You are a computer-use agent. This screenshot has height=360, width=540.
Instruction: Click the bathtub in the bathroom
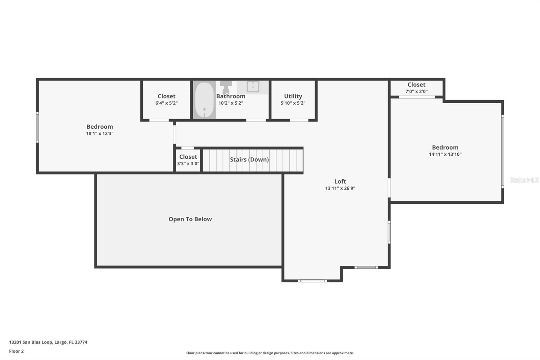pyautogui.click(x=204, y=100)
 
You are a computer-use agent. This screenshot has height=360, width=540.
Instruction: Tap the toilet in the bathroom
pyautogui.click(x=226, y=87)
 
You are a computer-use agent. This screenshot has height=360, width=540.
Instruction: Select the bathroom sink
pyautogui.click(x=253, y=86)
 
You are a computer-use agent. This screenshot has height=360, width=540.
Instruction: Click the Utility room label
pyautogui.click(x=293, y=96)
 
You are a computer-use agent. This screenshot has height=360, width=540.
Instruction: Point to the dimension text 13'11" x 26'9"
pyautogui.click(x=340, y=188)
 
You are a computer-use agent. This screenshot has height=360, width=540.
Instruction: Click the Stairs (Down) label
pyautogui.click(x=249, y=159)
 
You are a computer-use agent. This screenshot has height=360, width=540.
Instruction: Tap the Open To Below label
pyautogui.click(x=190, y=219)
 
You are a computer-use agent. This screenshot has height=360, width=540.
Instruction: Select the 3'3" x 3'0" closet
pyautogui.click(x=188, y=160)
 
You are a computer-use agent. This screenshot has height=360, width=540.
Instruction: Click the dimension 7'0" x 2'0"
pyautogui.click(x=416, y=92)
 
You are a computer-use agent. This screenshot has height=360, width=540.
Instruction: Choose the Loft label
pyautogui.click(x=340, y=181)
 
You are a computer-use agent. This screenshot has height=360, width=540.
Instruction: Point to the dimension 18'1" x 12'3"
pyautogui.click(x=100, y=133)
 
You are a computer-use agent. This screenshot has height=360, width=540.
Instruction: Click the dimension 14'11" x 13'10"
pyautogui.click(x=445, y=154)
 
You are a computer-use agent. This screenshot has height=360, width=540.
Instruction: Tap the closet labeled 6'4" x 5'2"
pyautogui.click(x=166, y=100)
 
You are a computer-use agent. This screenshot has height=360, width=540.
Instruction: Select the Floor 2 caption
pyautogui.click(x=17, y=351)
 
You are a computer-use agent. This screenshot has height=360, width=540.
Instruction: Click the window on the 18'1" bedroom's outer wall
pyautogui.click(x=37, y=127)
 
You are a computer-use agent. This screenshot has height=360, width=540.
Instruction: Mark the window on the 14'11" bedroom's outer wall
pyautogui.click(x=503, y=152)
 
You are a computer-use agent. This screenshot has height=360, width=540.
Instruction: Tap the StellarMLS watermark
pyautogui.click(x=524, y=180)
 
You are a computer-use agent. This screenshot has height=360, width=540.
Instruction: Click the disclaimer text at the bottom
pyautogui.click(x=270, y=353)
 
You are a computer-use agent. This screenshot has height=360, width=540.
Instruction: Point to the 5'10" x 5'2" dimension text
pyautogui.click(x=293, y=103)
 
